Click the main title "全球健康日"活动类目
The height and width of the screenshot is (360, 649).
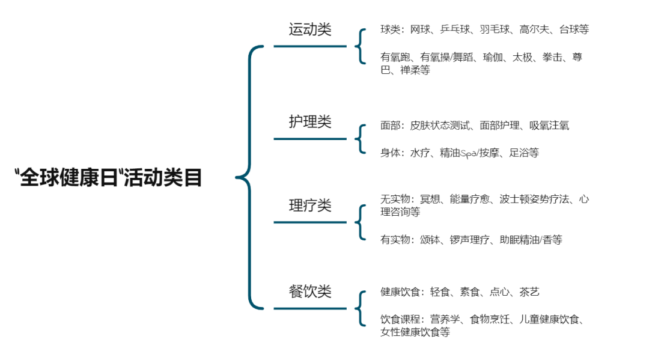click(x=108, y=178)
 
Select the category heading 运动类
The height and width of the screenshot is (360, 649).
click(x=309, y=29)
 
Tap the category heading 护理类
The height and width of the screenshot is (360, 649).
click(x=309, y=122)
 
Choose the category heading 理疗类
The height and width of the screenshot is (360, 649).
click(x=309, y=206)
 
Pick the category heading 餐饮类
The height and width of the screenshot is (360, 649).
click(x=309, y=292)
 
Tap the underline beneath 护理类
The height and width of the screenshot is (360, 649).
click(x=310, y=139)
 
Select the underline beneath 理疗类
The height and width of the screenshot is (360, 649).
click(x=310, y=222)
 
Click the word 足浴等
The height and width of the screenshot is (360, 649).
click(x=524, y=153)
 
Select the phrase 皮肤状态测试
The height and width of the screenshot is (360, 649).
click(x=440, y=126)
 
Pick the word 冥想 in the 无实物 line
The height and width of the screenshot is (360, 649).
click(x=430, y=199)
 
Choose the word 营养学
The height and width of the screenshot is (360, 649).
click(x=445, y=319)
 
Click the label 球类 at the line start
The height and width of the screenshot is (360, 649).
click(x=390, y=29)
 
